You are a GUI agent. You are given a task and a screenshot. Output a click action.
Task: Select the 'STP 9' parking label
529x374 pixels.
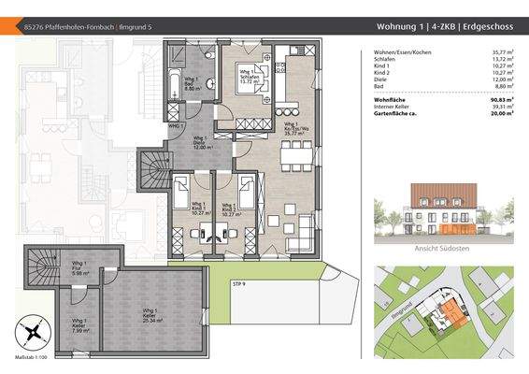(238, 281)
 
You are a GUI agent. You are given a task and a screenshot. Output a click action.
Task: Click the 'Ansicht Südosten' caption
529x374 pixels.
(441, 249)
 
